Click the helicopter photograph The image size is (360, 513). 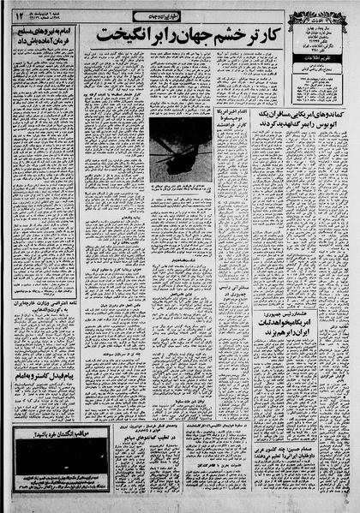click(176, 146)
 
